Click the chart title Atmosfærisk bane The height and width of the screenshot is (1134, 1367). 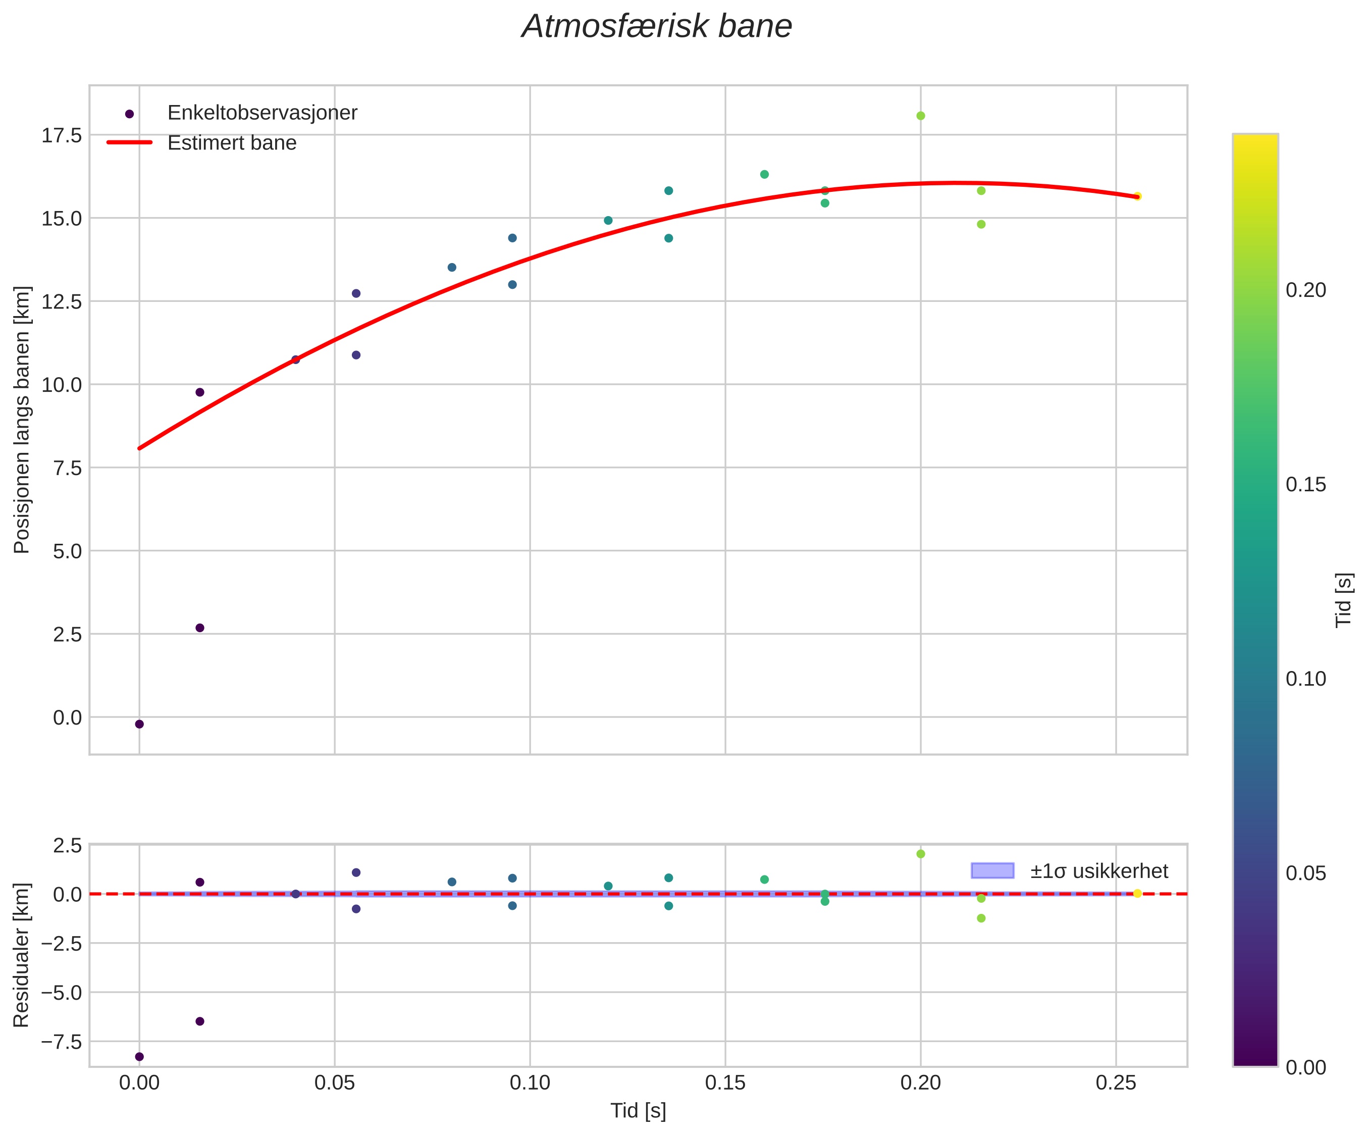656,27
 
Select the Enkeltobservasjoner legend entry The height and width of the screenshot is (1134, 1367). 261,113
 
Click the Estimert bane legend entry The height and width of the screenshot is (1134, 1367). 231,143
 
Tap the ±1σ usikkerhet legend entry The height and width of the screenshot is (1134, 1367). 1099,871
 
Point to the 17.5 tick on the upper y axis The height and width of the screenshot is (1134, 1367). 62,135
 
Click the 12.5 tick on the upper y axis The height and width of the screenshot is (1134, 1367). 62,301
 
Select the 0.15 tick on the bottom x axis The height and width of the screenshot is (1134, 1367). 725,1083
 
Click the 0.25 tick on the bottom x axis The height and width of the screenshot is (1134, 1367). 1116,1083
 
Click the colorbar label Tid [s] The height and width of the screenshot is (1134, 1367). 1344,599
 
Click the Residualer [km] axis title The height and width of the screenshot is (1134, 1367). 22,956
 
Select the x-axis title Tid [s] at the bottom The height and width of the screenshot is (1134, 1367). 638,1111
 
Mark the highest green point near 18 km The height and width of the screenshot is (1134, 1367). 920,116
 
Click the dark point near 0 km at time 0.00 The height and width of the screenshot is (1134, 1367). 139,725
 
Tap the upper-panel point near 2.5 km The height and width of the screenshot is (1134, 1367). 200,628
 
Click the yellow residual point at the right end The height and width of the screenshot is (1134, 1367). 1137,894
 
